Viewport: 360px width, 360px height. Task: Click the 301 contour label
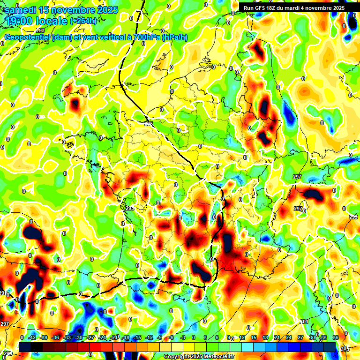click(x=304, y=322)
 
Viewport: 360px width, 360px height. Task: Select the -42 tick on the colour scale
click(x=33, y=337)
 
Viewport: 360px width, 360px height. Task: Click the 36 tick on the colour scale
click(x=335, y=337)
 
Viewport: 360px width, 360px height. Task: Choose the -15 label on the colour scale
click(x=137, y=337)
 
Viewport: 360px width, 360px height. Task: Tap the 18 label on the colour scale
click(x=265, y=337)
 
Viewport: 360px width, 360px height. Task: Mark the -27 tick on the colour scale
click(x=91, y=337)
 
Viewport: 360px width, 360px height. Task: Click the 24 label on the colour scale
click(x=288, y=337)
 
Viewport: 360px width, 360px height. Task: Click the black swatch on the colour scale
click(x=25, y=346)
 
